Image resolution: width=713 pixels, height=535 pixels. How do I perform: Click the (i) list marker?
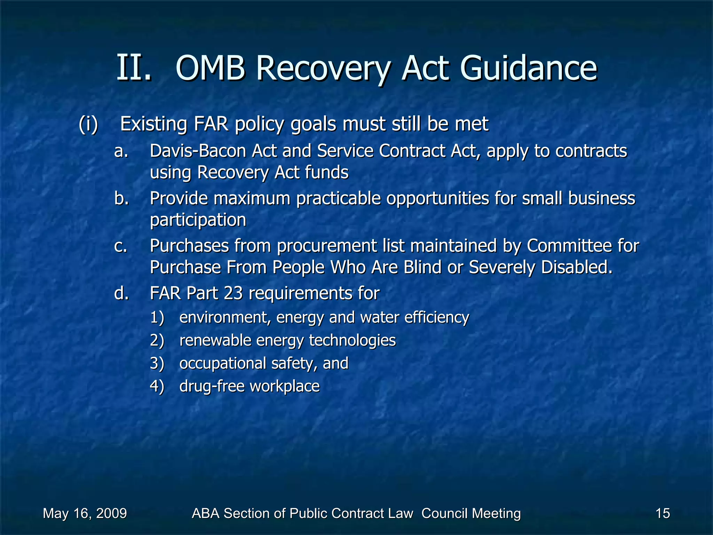(x=88, y=124)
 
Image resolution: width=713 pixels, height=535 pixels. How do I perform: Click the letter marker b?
(x=122, y=199)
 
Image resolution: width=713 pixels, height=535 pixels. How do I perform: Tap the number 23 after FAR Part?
(x=233, y=293)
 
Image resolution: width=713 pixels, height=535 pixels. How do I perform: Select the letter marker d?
(x=122, y=293)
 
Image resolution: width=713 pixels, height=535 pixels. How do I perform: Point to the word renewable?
(x=215, y=340)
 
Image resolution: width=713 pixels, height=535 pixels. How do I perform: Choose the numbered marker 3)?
(x=157, y=363)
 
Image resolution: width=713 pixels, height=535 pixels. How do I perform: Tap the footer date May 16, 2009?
(x=85, y=513)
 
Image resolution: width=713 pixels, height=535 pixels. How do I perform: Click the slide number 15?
(x=663, y=513)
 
